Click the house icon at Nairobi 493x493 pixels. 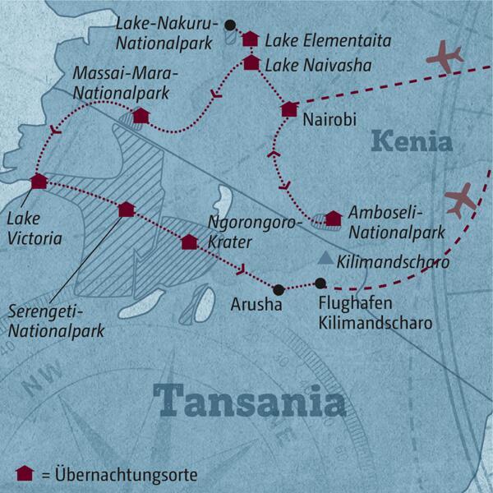tap(288, 109)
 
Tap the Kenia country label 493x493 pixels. tap(411, 141)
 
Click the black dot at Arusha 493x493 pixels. tap(279, 289)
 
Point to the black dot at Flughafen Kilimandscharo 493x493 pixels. tap(320, 283)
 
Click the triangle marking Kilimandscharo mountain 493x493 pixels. tap(326, 260)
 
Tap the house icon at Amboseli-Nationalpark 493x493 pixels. tap(333, 219)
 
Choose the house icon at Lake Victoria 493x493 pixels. tap(38, 182)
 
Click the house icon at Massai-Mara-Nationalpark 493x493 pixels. tap(141, 116)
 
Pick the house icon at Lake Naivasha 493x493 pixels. tap(251, 62)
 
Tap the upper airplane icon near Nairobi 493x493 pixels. tap(445, 58)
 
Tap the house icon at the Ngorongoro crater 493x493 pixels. tap(189, 242)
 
